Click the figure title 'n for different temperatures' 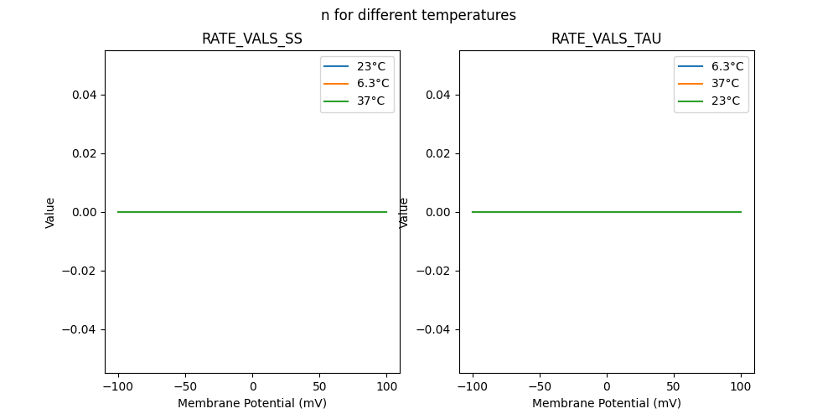(418, 15)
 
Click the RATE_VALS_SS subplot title (251, 39)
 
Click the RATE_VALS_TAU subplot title (606, 39)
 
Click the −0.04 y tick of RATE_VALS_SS (80, 329)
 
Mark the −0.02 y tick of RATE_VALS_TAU (435, 271)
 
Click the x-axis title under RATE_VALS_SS (252, 403)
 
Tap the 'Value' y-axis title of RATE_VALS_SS (50, 212)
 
